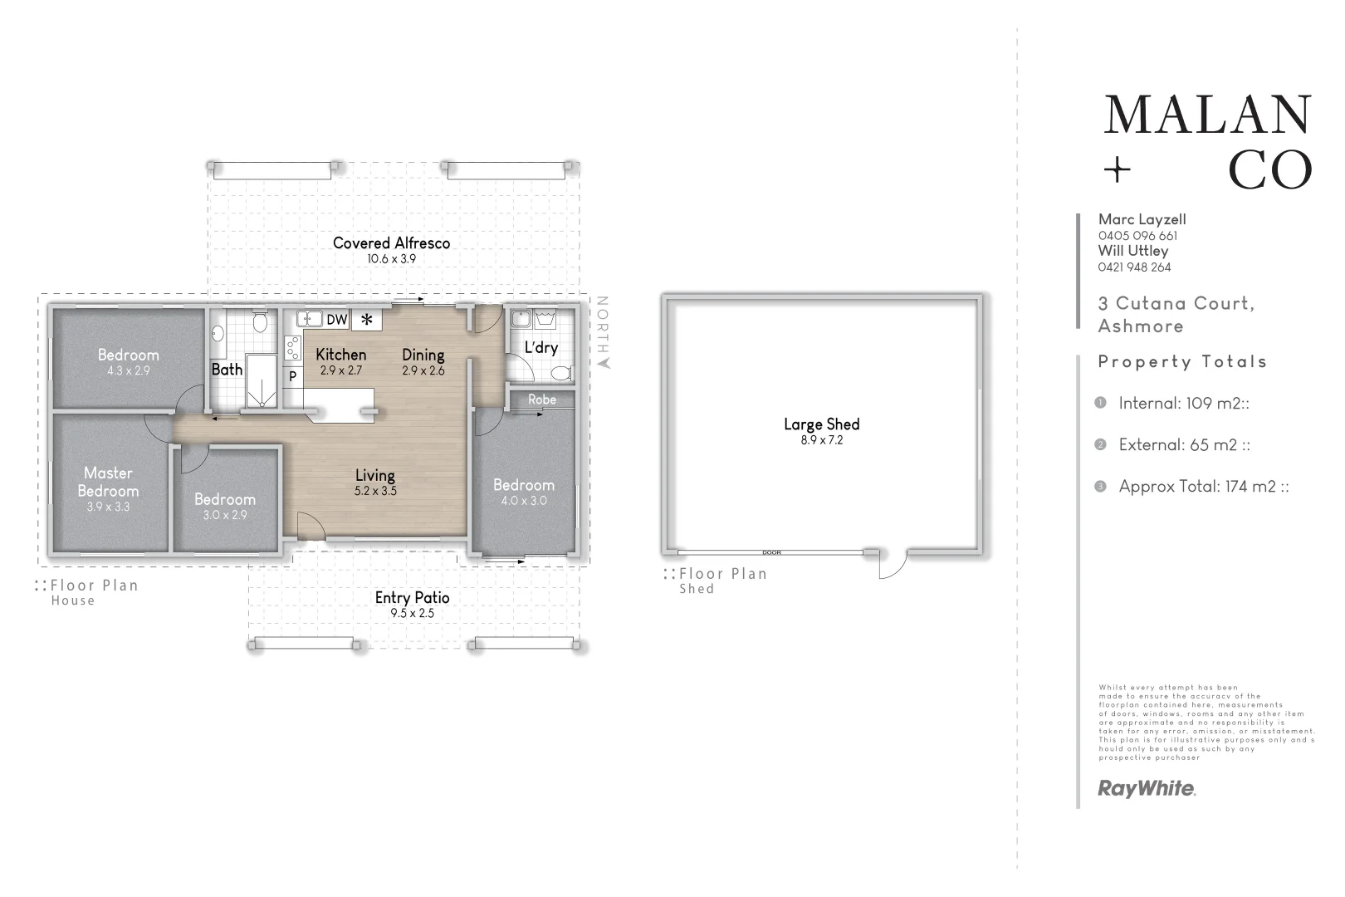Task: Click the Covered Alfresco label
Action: (x=391, y=243)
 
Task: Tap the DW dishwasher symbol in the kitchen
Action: (x=336, y=320)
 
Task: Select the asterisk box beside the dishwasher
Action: (x=366, y=320)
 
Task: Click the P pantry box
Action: (x=292, y=376)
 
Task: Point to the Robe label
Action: (x=542, y=399)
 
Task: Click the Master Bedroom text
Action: (x=108, y=482)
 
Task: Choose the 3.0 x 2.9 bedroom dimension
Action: (x=225, y=515)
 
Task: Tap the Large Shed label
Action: (x=821, y=424)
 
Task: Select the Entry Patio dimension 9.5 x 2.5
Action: (x=412, y=614)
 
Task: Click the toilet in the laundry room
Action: (x=562, y=373)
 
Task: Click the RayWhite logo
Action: (x=1146, y=788)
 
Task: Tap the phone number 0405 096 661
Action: (x=1137, y=236)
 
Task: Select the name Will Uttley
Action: (x=1132, y=251)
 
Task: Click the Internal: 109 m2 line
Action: (x=1183, y=404)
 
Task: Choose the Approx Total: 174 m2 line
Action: (x=1203, y=487)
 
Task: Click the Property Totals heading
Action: (x=1182, y=362)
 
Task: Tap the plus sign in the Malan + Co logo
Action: (x=1118, y=171)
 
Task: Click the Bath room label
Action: (x=227, y=370)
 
